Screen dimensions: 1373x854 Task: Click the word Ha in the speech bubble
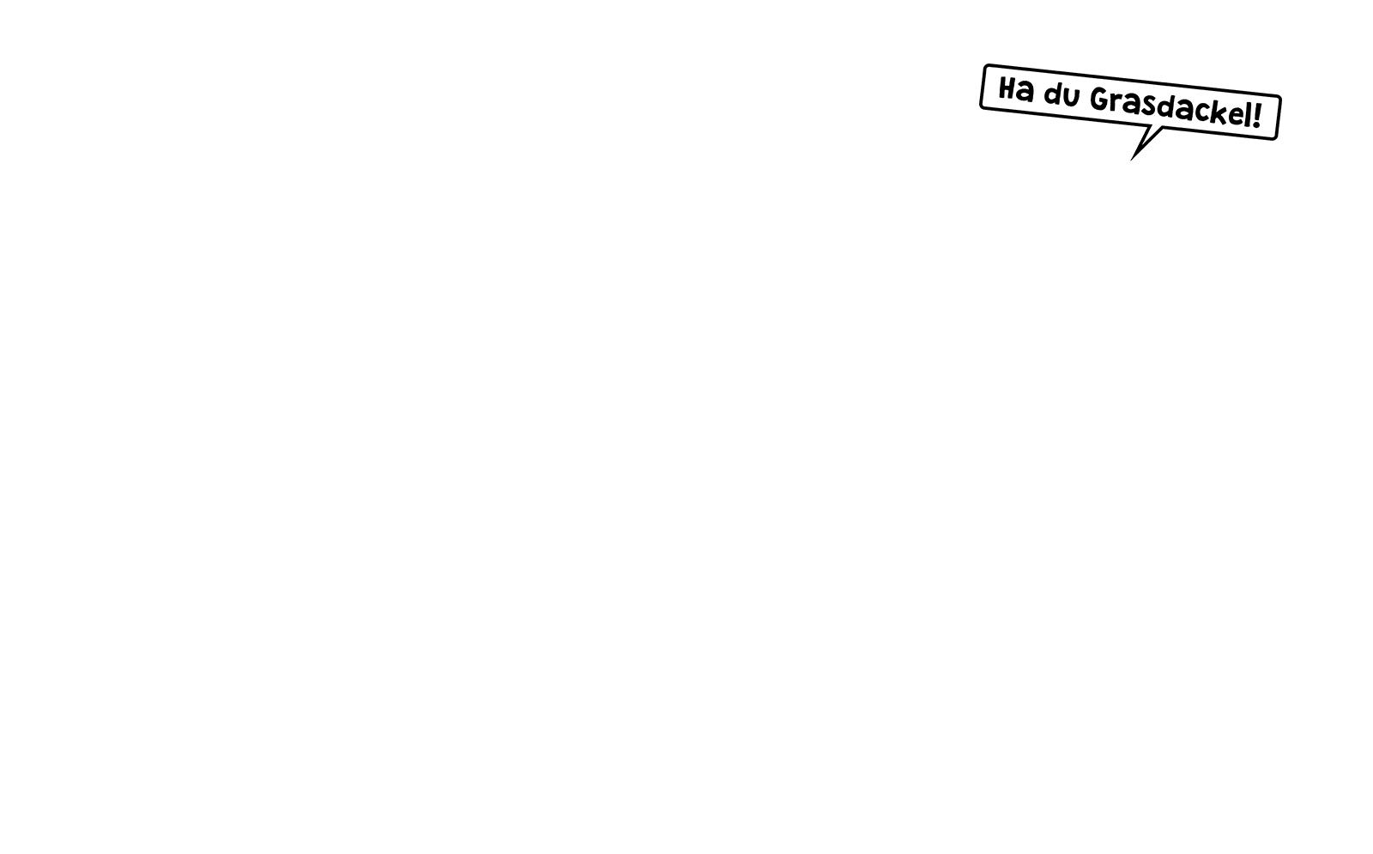(x=1016, y=89)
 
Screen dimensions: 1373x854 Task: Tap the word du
(x=1062, y=94)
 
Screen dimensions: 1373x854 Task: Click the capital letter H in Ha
(x=1007, y=88)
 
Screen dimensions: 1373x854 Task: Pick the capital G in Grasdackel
(x=1099, y=99)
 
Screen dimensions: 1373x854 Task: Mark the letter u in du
(x=1072, y=97)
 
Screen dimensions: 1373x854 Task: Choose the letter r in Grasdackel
(x=1116, y=102)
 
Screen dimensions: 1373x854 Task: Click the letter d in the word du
(x=1053, y=94)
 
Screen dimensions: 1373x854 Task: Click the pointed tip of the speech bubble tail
(x=1131, y=161)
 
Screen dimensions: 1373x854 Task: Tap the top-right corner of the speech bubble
(x=1279, y=96)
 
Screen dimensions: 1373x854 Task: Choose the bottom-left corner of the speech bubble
(x=982, y=108)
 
